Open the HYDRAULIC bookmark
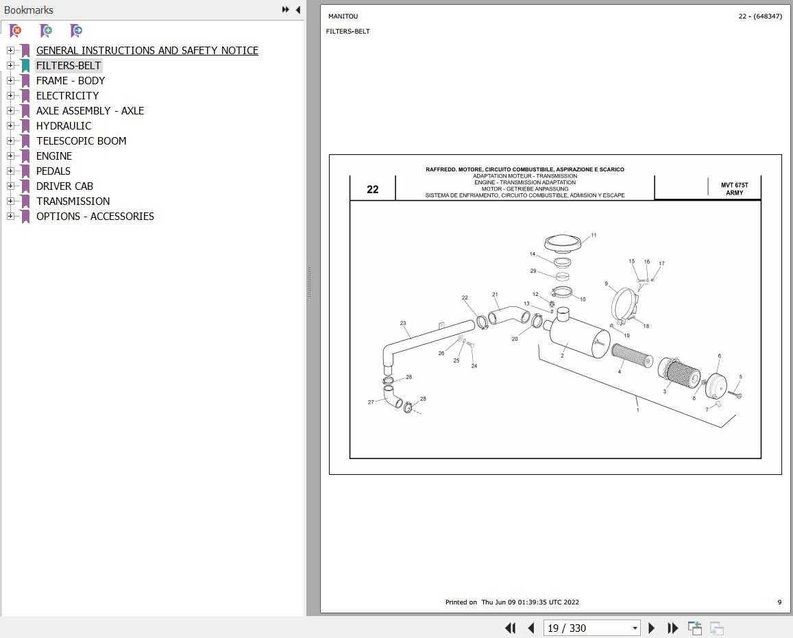(64, 126)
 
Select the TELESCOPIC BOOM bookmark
(82, 141)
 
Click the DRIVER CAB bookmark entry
(64, 186)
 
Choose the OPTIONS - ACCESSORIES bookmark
(95, 217)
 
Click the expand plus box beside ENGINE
(10, 156)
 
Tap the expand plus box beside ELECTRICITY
(10, 95)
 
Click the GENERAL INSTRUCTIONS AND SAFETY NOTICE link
(147, 51)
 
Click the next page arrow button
(651, 628)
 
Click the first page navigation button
(511, 628)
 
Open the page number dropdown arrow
(635, 628)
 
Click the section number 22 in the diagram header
(373, 190)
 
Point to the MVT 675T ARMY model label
(734, 189)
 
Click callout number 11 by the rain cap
(594, 235)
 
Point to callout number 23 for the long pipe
(403, 323)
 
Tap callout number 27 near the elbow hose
(371, 402)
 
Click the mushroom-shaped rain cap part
(563, 243)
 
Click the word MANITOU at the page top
(343, 16)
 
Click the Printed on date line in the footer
(512, 602)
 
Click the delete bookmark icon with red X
(16, 31)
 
